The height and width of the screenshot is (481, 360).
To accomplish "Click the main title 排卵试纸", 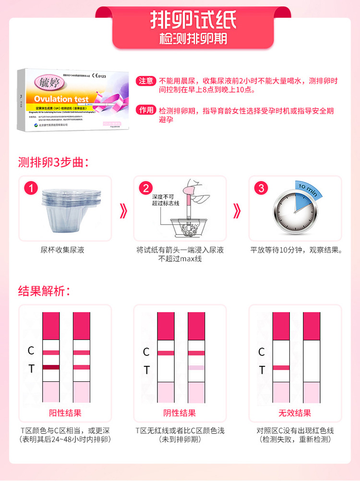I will (193, 20).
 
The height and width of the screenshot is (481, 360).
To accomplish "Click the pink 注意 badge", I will (146, 81).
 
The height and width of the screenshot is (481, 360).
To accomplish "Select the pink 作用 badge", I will (146, 111).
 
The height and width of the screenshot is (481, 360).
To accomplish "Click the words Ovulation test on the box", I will (61, 99).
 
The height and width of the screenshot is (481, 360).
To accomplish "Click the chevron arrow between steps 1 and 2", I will (123, 210).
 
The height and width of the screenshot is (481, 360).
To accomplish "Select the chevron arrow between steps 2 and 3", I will (237, 210).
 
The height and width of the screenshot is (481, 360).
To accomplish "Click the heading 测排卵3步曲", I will (53, 162).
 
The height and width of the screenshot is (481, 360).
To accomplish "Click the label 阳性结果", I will (65, 413).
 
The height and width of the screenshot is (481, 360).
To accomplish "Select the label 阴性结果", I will (180, 413).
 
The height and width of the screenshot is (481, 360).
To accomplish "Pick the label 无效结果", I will (295, 413).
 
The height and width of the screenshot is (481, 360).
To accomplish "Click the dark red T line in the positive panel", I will (50, 367).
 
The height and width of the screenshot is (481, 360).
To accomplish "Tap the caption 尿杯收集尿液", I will (65, 250).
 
